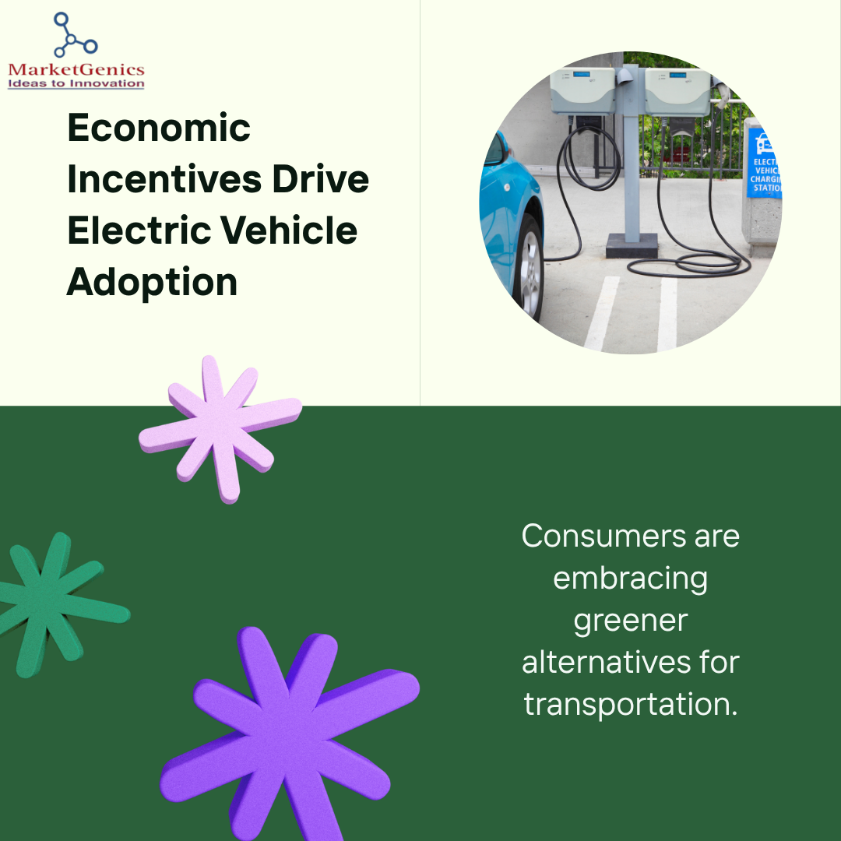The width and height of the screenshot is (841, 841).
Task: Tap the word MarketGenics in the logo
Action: click(x=76, y=70)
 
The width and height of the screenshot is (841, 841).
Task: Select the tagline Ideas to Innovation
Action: click(x=76, y=83)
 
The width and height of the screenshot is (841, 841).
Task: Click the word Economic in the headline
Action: click(x=159, y=128)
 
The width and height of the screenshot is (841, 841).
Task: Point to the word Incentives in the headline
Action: click(x=164, y=179)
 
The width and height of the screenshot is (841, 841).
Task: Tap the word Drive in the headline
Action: click(x=321, y=179)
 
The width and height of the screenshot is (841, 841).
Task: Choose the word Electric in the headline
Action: click(x=139, y=230)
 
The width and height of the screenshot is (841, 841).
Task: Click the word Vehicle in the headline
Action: click(x=289, y=230)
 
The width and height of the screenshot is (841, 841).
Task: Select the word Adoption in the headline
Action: click(x=152, y=283)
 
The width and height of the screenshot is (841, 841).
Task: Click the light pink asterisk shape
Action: click(x=220, y=429)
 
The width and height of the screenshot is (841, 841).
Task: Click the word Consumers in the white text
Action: click(x=604, y=536)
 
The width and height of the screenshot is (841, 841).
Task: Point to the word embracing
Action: click(x=630, y=579)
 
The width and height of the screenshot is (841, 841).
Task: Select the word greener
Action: click(x=630, y=622)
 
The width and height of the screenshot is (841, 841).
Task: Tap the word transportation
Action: click(x=630, y=704)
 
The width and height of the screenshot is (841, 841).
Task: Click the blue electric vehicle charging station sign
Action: click(x=765, y=163)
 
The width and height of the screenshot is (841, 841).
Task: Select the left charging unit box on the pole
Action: click(x=582, y=91)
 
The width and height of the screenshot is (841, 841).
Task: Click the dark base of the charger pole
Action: click(x=632, y=245)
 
